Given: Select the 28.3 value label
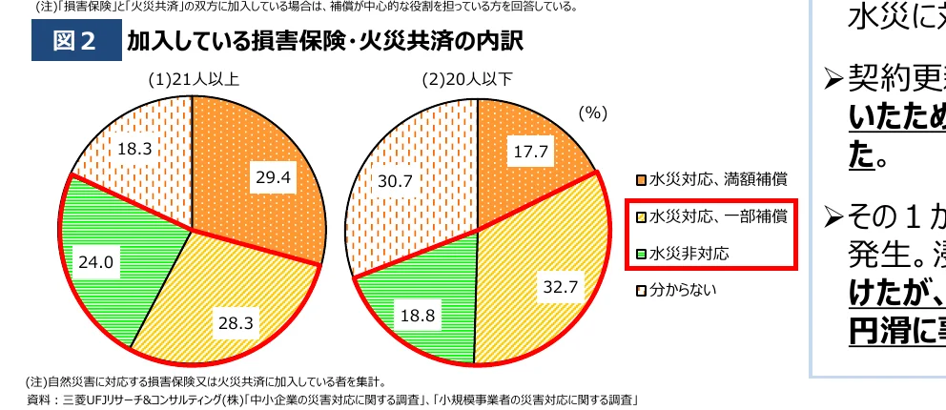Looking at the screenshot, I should (x=235, y=323).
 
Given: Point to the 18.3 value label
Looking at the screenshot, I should (x=135, y=148).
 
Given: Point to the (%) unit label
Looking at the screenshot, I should (x=592, y=113).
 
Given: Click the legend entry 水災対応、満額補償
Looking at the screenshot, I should (x=712, y=178).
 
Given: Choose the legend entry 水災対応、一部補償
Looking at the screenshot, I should (x=712, y=216).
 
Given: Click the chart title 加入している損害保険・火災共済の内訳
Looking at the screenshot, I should (x=324, y=43).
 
